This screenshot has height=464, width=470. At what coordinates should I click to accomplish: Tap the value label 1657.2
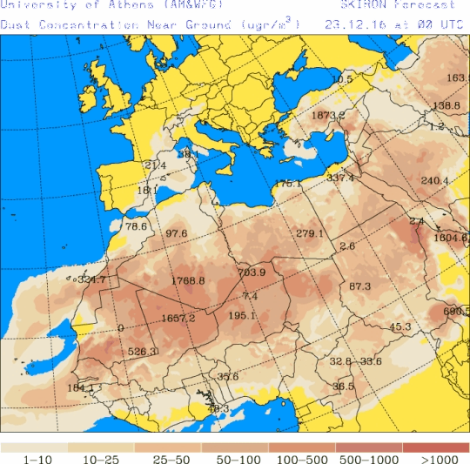(x=178, y=318)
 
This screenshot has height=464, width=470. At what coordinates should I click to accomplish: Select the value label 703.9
(x=251, y=272)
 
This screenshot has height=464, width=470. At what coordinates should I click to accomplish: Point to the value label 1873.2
(x=328, y=115)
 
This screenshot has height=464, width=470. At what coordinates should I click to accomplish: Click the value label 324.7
(x=91, y=279)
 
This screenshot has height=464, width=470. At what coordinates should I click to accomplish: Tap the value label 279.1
(x=309, y=233)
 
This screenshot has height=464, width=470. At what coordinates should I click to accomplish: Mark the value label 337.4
(x=340, y=178)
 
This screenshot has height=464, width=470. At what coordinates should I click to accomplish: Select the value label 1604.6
(x=450, y=237)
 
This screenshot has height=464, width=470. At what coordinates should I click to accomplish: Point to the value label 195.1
(x=242, y=315)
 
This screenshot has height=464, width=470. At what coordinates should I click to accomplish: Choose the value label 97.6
(x=177, y=233)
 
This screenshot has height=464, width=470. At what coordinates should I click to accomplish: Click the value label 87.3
(x=359, y=286)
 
